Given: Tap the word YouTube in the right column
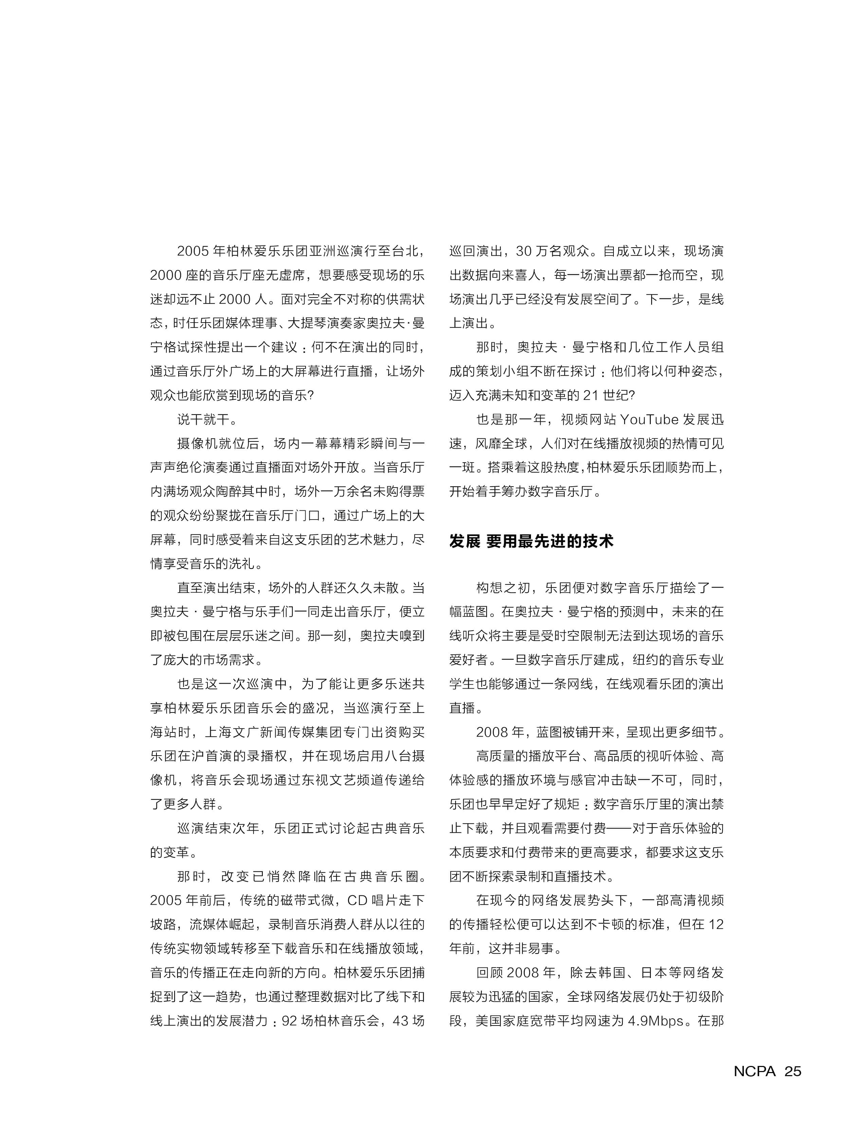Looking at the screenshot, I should click(x=649, y=420).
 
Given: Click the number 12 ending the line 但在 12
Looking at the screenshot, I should click(x=716, y=924).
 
